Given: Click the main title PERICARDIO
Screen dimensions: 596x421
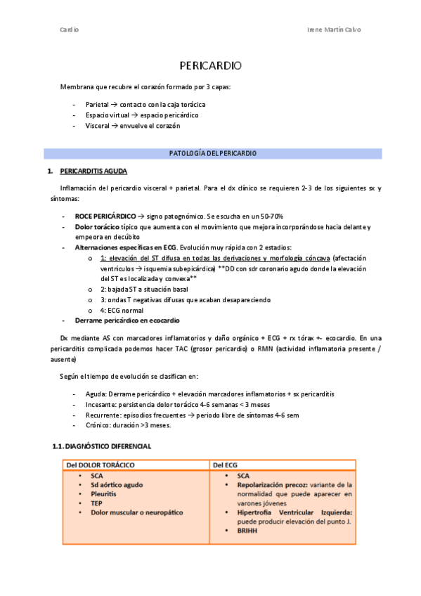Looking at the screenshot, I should [x=210, y=65].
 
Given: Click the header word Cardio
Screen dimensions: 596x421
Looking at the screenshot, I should [x=70, y=30].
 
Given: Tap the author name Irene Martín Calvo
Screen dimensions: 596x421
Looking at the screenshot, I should [x=335, y=30].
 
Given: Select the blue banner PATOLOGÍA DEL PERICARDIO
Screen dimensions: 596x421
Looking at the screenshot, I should [x=213, y=153].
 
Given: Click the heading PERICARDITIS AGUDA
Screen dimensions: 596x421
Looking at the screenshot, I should [x=93, y=171].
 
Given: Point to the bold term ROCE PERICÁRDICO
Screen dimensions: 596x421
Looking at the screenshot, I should [x=105, y=216].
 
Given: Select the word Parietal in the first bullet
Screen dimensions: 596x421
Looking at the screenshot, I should [x=97, y=104].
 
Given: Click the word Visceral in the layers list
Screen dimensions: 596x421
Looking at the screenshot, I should [x=97, y=125].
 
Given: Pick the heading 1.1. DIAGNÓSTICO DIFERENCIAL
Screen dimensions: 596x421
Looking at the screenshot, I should [x=102, y=446].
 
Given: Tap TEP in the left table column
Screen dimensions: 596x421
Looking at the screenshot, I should [x=97, y=503].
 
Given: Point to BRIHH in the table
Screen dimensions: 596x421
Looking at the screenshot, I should [x=247, y=531].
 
